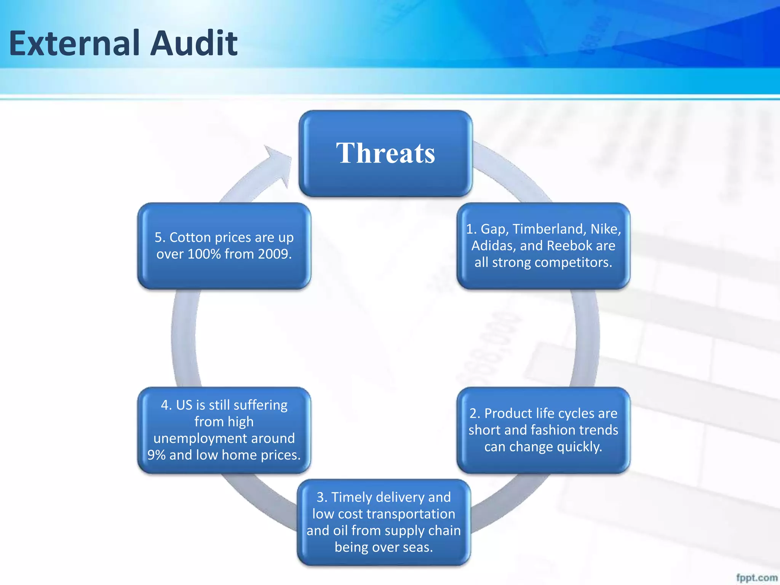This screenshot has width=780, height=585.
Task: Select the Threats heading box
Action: (385, 153)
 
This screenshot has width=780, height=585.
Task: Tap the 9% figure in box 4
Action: (157, 455)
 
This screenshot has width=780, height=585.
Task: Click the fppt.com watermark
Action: (756, 577)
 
